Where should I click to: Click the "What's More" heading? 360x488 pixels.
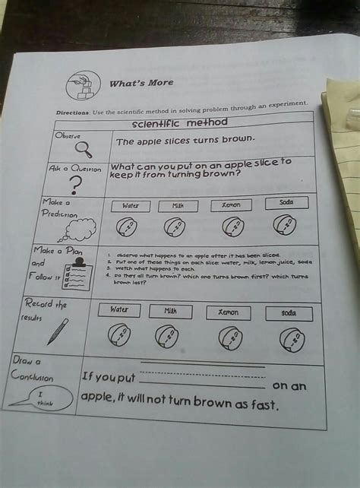(x=142, y=82)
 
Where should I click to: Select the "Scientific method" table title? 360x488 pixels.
(x=179, y=122)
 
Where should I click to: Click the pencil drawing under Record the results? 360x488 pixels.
(x=58, y=331)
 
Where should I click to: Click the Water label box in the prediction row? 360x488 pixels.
(x=130, y=205)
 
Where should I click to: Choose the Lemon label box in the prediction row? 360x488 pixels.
(x=231, y=204)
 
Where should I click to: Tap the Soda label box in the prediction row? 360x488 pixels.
(x=286, y=202)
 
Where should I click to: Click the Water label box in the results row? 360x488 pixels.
(x=119, y=309)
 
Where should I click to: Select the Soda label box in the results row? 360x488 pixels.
(x=289, y=312)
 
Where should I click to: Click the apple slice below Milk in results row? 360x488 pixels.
(x=166, y=334)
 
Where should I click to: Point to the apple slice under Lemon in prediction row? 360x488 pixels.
(x=233, y=226)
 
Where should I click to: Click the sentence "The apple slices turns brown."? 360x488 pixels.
(x=185, y=141)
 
